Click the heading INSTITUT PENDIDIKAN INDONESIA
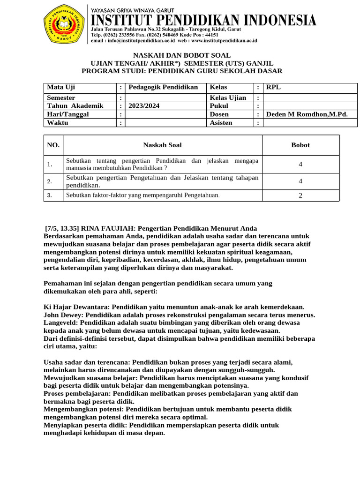(203, 20)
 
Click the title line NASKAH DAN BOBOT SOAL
(181, 55)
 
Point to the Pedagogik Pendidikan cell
(163, 87)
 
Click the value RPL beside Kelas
(273, 87)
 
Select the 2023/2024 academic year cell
(144, 106)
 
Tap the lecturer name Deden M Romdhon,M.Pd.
(307, 114)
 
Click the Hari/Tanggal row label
(67, 114)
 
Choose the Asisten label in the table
(221, 122)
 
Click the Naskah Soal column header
(162, 145)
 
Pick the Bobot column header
(300, 145)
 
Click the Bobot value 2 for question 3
(300, 195)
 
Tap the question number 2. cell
(50, 181)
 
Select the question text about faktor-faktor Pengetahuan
(142, 195)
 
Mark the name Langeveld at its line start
(60, 323)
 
